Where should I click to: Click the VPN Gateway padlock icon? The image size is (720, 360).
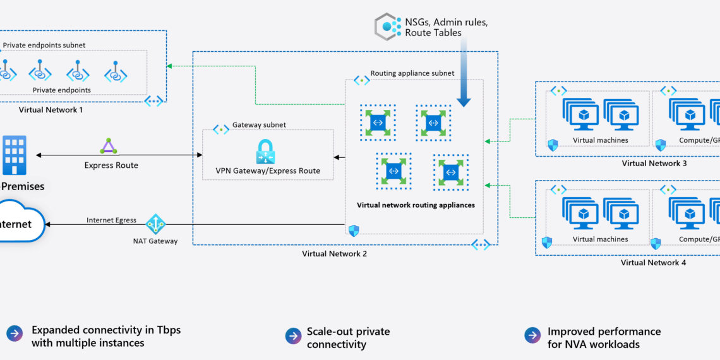[264, 152]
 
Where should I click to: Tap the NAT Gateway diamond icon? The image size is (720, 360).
[155, 224]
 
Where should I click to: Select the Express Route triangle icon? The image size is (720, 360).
[108, 147]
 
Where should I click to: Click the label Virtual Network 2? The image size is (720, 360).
[334, 254]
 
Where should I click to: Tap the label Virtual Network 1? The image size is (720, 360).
[51, 110]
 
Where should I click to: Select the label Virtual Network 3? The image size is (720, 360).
[654, 164]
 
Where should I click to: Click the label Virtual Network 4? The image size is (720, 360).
[653, 263]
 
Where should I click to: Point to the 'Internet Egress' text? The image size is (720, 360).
[111, 220]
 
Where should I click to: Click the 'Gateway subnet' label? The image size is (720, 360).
[259, 125]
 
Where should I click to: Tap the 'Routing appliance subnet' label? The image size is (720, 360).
[412, 73]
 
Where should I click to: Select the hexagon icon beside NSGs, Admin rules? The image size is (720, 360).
[387, 27]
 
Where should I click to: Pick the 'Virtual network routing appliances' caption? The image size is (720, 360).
[416, 205]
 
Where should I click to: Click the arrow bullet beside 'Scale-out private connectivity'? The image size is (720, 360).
[293, 336]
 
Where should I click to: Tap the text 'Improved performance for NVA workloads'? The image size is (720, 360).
[595, 338]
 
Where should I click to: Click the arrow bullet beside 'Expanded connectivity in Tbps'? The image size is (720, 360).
[14, 334]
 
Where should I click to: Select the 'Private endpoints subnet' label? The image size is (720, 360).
[44, 45]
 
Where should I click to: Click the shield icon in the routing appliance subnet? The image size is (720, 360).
[354, 231]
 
